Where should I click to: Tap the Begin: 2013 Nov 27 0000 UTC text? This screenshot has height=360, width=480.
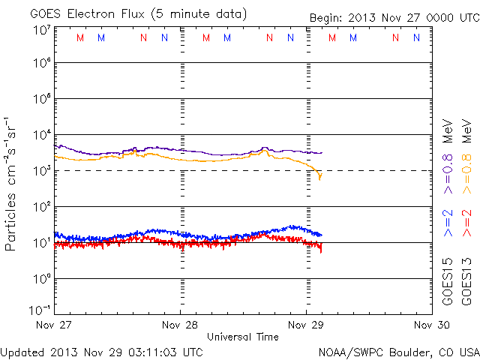tap(394, 18)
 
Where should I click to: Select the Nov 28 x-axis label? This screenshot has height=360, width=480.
tap(181, 325)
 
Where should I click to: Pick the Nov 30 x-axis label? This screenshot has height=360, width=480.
tap(433, 325)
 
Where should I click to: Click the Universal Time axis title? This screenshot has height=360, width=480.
tap(243, 337)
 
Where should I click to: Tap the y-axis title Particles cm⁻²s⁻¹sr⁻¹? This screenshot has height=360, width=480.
tap(13, 184)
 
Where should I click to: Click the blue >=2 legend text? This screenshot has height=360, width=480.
tap(448, 224)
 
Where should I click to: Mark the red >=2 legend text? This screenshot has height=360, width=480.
tap(467, 224)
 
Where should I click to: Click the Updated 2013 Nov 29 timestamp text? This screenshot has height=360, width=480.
tap(101, 351)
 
